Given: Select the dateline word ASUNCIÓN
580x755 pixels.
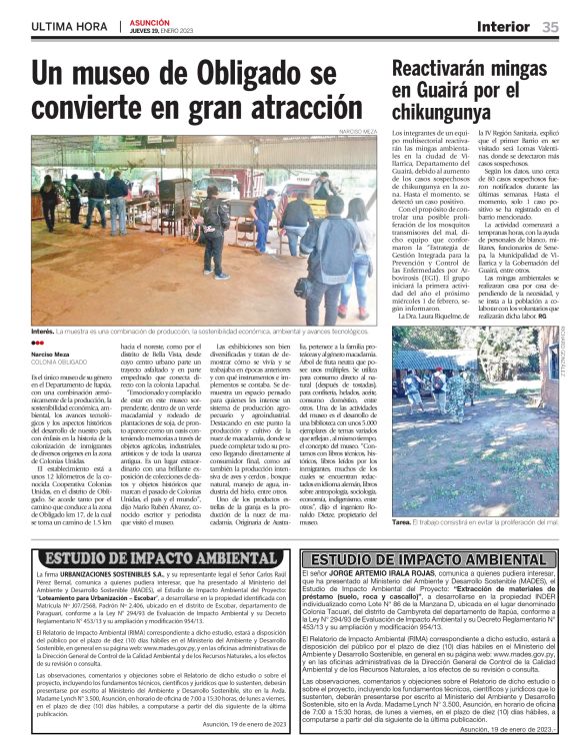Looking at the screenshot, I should (149, 21).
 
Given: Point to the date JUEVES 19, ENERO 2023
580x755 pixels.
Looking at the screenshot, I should (166, 30).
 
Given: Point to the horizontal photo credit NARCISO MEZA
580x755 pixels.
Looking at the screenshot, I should (359, 131).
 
